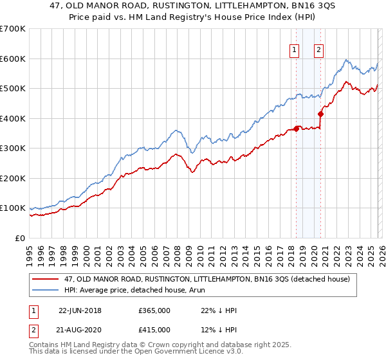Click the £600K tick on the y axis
coord(13,59)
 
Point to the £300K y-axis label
coord(13,148)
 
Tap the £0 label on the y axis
coord(20,239)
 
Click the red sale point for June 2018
coord(296,129)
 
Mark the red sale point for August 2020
coord(320,114)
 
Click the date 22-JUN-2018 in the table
coord(80,310)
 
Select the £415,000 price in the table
coord(154,330)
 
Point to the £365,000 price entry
coord(154,310)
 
